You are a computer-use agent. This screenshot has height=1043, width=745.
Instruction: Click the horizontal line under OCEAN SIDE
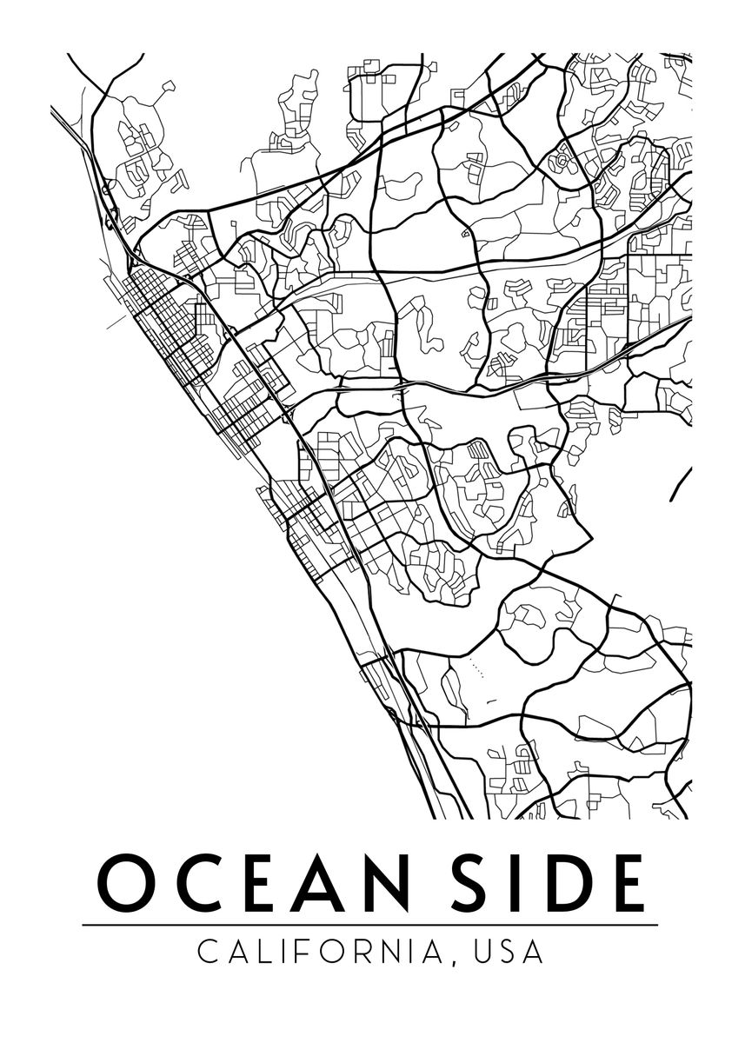click(x=370, y=926)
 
